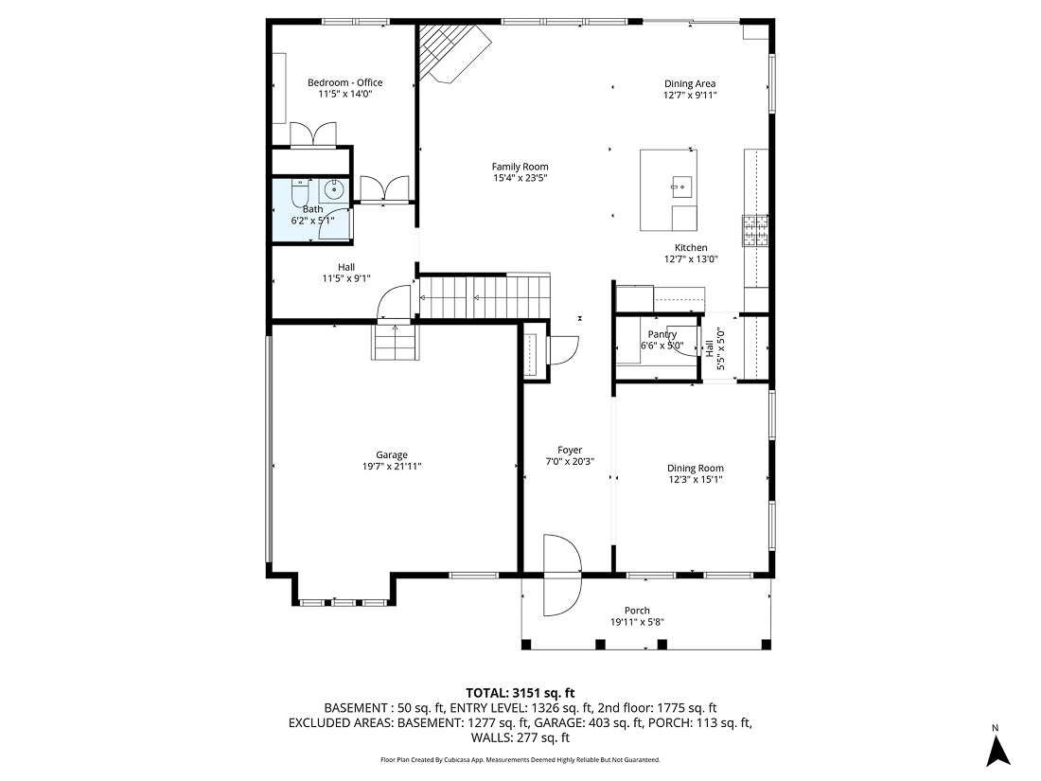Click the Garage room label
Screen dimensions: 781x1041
pyautogui.click(x=391, y=454)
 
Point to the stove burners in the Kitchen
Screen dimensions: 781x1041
pyautogui.click(x=755, y=229)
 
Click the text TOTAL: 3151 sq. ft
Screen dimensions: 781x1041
pyautogui.click(x=520, y=692)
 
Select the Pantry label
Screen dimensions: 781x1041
pyautogui.click(x=662, y=335)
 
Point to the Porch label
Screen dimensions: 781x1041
pyautogui.click(x=637, y=611)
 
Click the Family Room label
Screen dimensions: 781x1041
pyautogui.click(x=520, y=167)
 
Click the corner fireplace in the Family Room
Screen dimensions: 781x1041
pyautogui.click(x=450, y=53)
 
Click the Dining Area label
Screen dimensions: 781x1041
pyautogui.click(x=689, y=83)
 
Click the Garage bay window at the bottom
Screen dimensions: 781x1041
pyautogui.click(x=343, y=601)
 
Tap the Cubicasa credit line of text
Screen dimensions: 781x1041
pyautogui.click(x=520, y=759)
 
